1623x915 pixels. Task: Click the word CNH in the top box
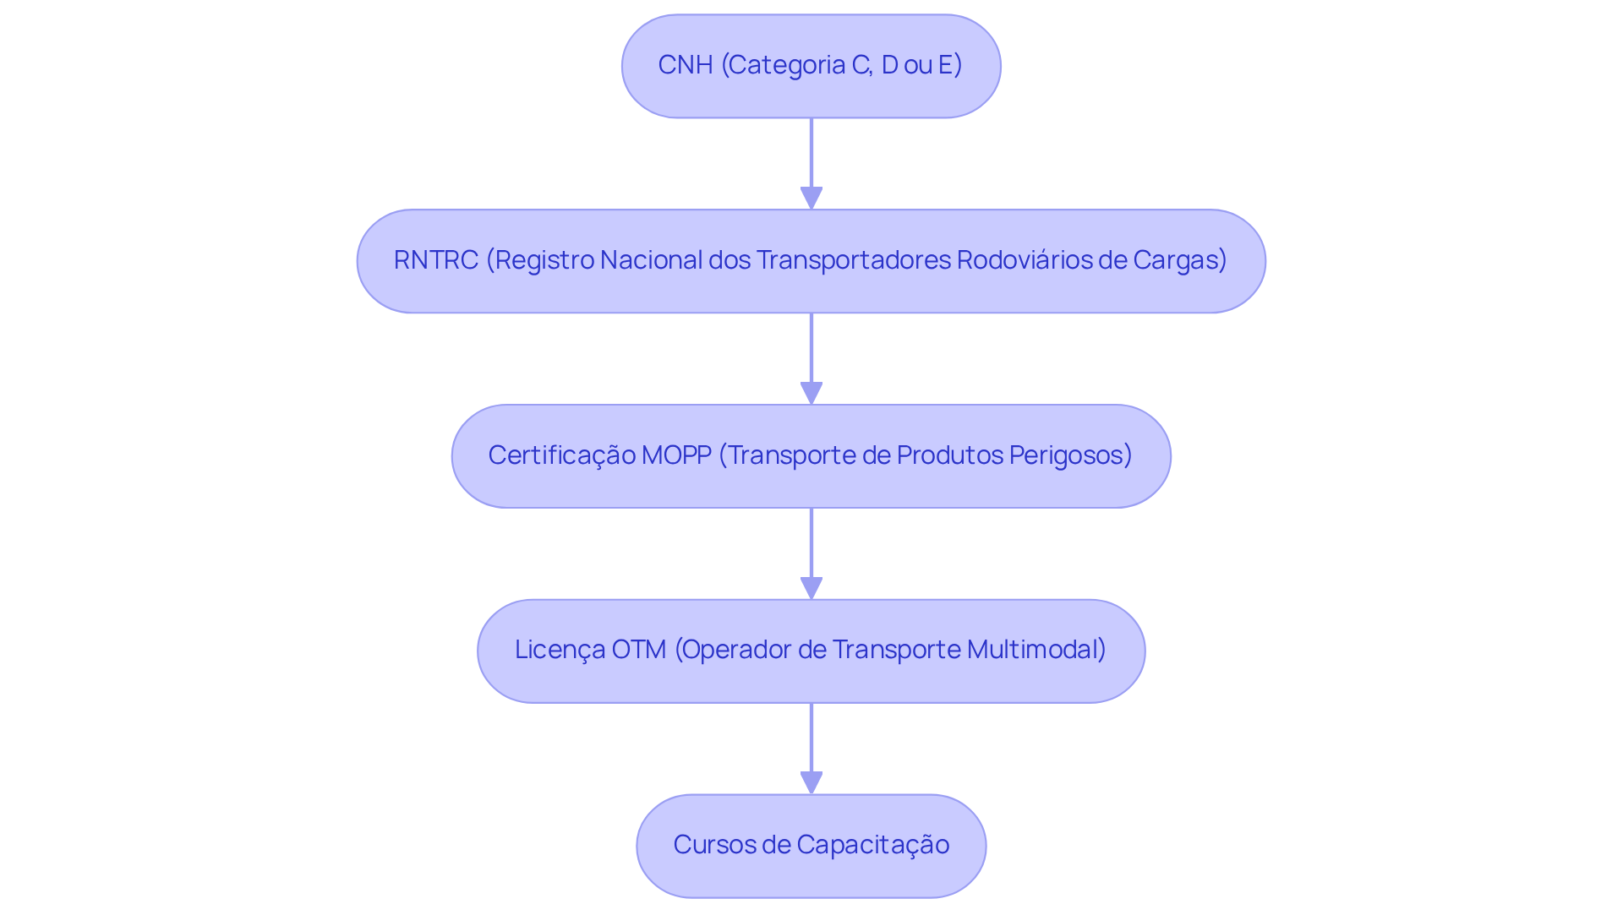685,65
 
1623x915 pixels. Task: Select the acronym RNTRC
435,260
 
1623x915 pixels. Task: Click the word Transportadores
853,260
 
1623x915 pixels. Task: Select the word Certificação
561,455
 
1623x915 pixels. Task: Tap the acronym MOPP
676,455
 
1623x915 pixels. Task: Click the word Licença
559,650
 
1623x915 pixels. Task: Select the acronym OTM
638,650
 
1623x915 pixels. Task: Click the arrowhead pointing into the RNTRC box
811,198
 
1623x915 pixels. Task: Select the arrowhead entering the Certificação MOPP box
811,393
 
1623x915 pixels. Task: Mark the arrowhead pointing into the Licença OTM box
811,588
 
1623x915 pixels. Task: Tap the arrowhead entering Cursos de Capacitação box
811,782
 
